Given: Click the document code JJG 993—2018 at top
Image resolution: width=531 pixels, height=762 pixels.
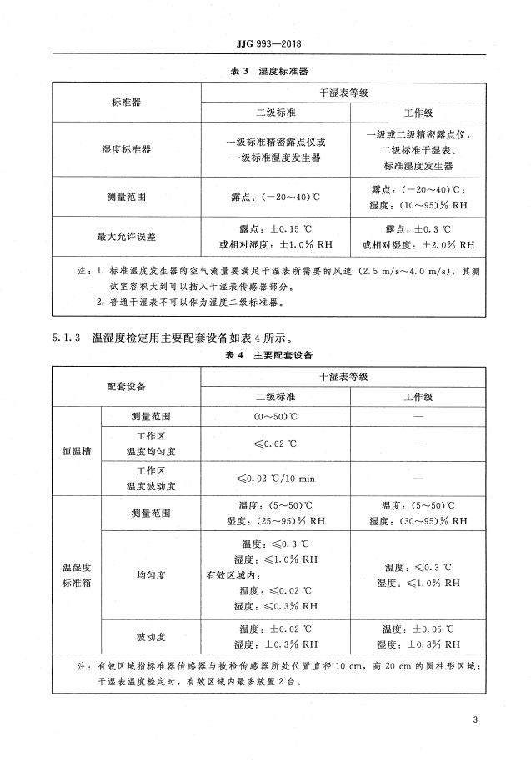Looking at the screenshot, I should click(x=266, y=43).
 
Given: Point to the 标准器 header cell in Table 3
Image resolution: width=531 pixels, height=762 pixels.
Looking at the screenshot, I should click(x=127, y=101).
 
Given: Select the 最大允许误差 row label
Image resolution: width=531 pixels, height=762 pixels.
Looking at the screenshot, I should click(x=127, y=237).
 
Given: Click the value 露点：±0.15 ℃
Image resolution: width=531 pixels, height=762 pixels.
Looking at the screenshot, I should click(x=275, y=228).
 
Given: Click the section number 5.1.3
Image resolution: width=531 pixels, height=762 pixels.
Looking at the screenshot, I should click(x=66, y=337).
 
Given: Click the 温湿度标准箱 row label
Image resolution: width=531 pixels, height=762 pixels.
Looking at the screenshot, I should click(x=75, y=575).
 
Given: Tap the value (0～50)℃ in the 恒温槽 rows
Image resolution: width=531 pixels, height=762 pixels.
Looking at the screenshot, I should click(x=275, y=415).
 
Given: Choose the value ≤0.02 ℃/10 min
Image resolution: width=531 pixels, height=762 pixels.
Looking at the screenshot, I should click(x=275, y=477).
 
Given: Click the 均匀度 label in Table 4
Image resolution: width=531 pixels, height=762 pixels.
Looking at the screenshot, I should click(x=151, y=575).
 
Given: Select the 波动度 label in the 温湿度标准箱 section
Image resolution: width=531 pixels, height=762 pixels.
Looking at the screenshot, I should click(x=151, y=637).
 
